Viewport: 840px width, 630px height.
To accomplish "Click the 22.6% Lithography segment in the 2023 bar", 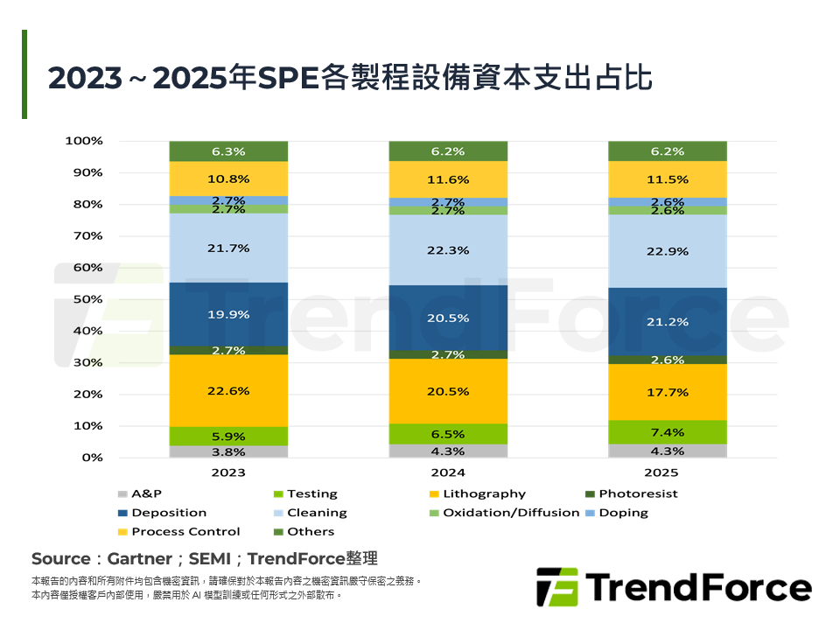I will coord(228,390).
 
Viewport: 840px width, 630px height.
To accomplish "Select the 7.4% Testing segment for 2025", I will coord(668,432).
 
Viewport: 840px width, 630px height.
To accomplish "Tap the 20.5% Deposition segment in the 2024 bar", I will coord(448,318).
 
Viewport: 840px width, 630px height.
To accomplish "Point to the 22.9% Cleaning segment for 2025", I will coord(668,251).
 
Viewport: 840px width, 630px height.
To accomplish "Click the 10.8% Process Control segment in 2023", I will coord(228,178).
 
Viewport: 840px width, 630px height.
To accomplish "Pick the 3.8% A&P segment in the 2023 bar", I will coord(228,451).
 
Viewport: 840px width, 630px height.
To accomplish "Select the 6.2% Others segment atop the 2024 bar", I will coord(448,151).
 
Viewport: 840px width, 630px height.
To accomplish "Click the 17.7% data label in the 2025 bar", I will coord(668,392).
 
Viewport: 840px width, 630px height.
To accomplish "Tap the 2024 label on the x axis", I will coord(448,473).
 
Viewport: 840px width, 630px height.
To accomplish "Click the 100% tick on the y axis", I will coord(85,141).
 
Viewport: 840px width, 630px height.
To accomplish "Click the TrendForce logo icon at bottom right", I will coord(556,586).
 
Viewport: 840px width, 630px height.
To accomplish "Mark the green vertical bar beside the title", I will coord(24,74).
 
